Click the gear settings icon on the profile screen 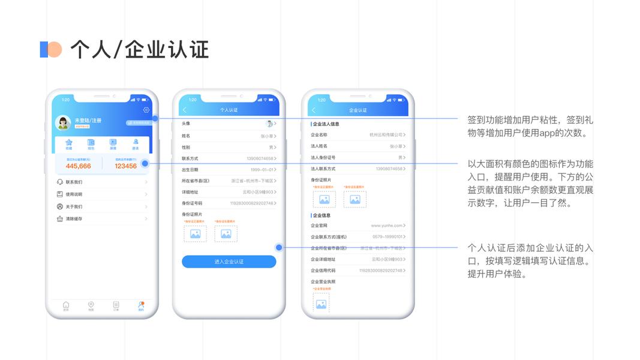tap(146, 110)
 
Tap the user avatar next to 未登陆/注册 tap(63, 122)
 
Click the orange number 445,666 tap(79, 166)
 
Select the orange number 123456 tap(126, 166)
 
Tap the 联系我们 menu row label tap(74, 182)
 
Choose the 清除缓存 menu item tap(74, 219)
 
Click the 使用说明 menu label tap(74, 194)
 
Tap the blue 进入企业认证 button tap(229, 262)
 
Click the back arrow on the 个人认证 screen tap(185, 110)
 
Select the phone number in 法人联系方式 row tap(389, 169)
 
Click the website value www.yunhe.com tap(386, 226)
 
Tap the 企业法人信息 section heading tap(326, 124)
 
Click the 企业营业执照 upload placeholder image tap(321, 304)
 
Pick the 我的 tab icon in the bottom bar tap(141, 305)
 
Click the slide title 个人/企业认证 tap(140, 49)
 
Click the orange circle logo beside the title tap(55, 49)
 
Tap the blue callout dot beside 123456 tap(145, 163)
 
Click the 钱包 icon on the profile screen tap(91, 143)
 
